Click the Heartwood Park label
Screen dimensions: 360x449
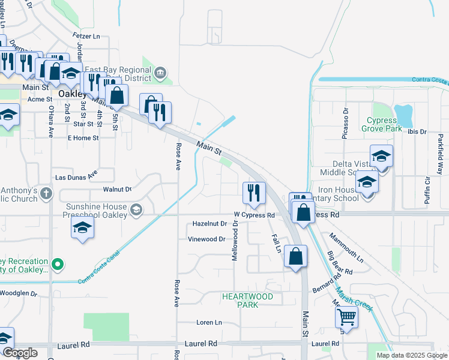click(x=247, y=301)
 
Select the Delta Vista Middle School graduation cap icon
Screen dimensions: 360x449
click(x=381, y=157)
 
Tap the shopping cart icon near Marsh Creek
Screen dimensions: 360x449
click(x=346, y=316)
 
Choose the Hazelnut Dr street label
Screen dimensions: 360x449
click(x=209, y=224)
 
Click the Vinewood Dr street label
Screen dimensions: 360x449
click(x=206, y=239)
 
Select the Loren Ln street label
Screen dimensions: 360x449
click(x=209, y=323)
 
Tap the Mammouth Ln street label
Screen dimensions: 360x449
click(x=347, y=248)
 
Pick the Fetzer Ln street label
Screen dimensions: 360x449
click(x=86, y=37)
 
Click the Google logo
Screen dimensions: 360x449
click(x=20, y=353)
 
